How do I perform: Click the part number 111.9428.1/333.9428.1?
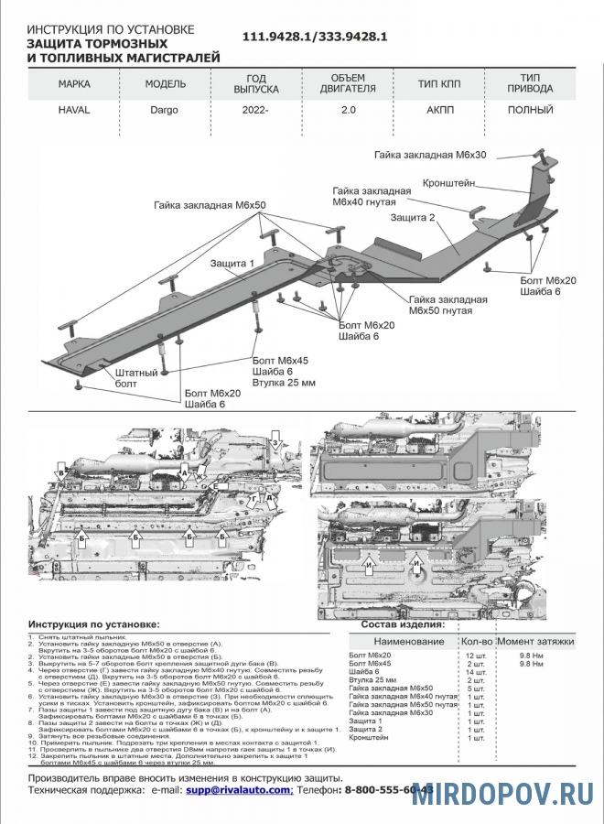pos(316,37)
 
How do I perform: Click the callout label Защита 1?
pos(231,264)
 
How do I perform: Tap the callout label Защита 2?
pos(412,218)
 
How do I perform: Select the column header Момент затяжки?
pos(536,641)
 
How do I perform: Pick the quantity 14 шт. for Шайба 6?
pos(475,673)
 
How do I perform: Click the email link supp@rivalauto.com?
pos(239,789)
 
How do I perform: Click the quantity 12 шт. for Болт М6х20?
pos(475,656)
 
